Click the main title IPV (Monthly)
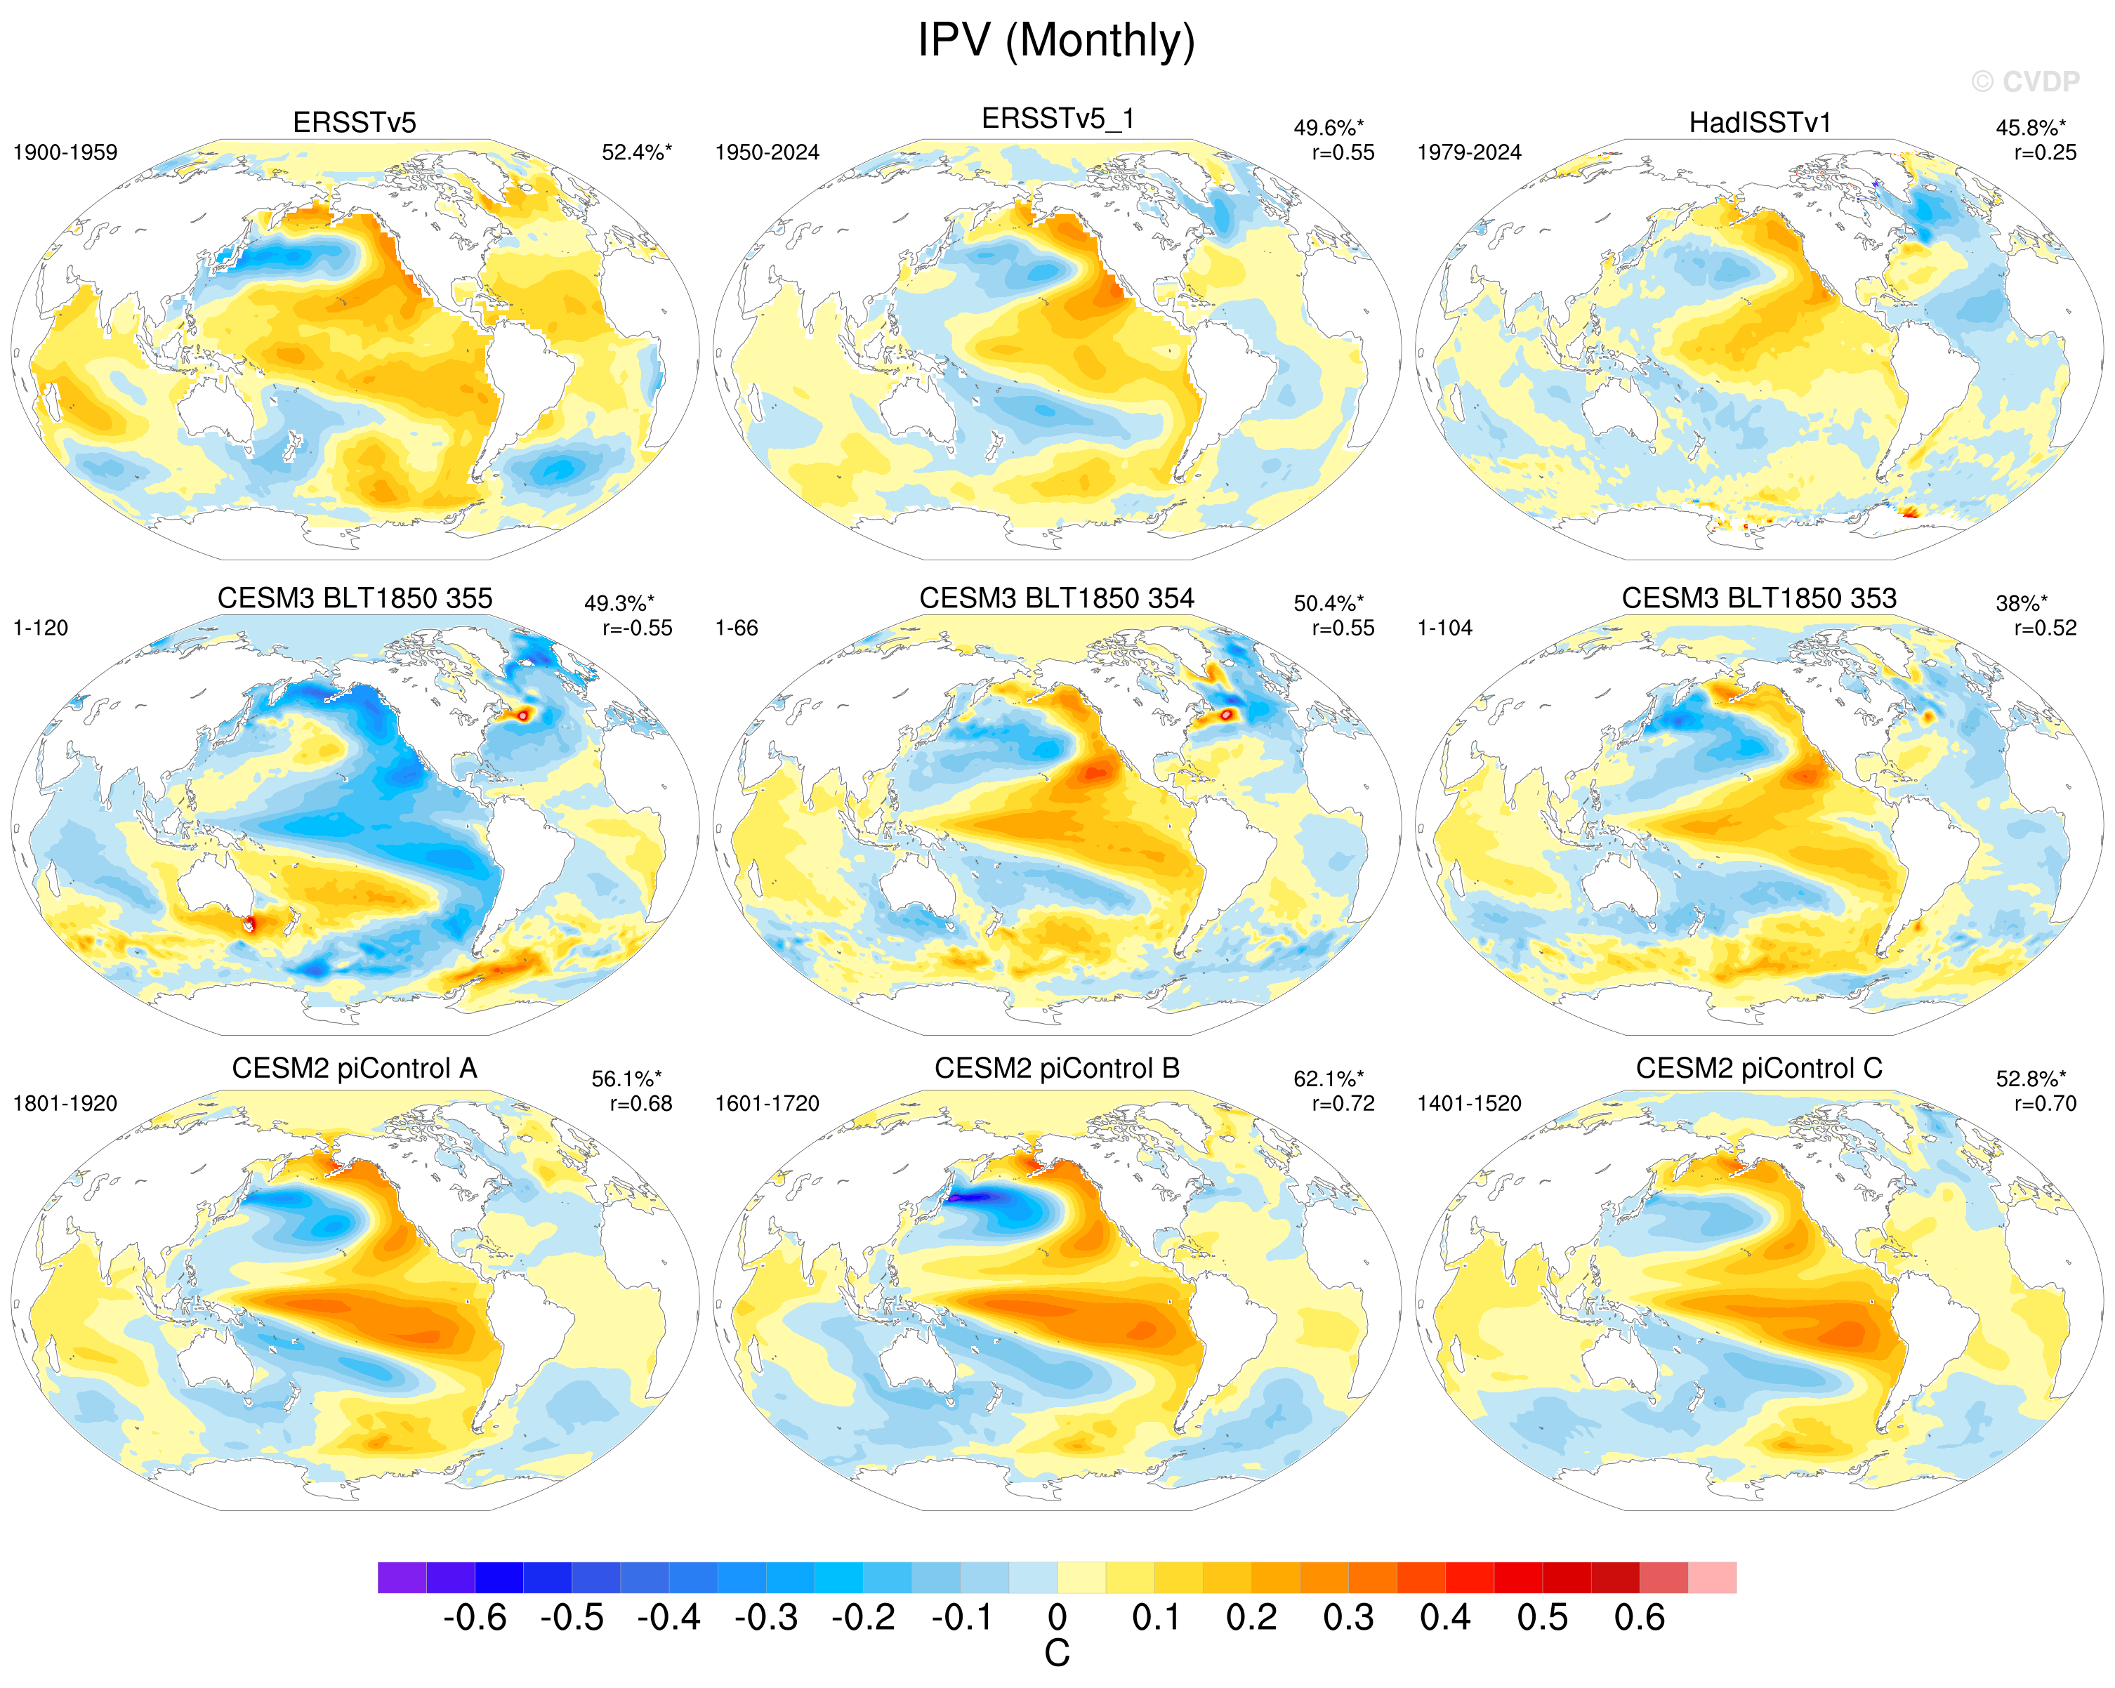click(1057, 41)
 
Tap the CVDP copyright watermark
click(2026, 82)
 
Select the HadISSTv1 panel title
click(1760, 123)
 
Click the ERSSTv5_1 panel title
click(1057, 119)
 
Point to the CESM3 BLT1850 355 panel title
click(355, 598)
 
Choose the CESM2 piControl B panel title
click(1057, 1068)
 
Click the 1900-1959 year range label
click(65, 153)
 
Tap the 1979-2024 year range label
click(1470, 153)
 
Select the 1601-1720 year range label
click(767, 1103)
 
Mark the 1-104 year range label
click(1445, 628)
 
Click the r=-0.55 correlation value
click(638, 628)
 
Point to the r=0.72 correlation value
click(1343, 1103)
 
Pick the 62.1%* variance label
click(1329, 1079)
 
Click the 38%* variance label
click(2021, 603)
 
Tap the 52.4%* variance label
click(637, 153)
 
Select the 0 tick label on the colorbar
click(1057, 1617)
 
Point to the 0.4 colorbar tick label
click(1445, 1617)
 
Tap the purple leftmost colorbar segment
click(402, 1577)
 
